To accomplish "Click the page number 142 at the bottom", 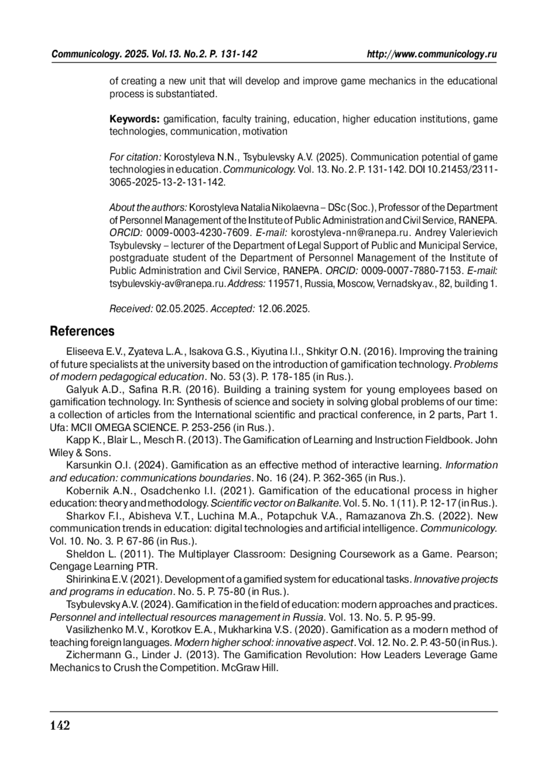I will pyautogui.click(x=60, y=725).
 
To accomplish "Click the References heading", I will pyautogui.click(x=82, y=331).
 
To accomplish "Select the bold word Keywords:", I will pyautogui.click(x=134, y=119).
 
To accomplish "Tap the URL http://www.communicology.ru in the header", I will pyautogui.click(x=432, y=54).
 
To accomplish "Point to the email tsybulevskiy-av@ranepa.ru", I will pyautogui.click(x=168, y=284).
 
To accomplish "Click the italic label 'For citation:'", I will pyautogui.click(x=135, y=157).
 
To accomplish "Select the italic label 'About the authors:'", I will pyautogui.click(x=148, y=208).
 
